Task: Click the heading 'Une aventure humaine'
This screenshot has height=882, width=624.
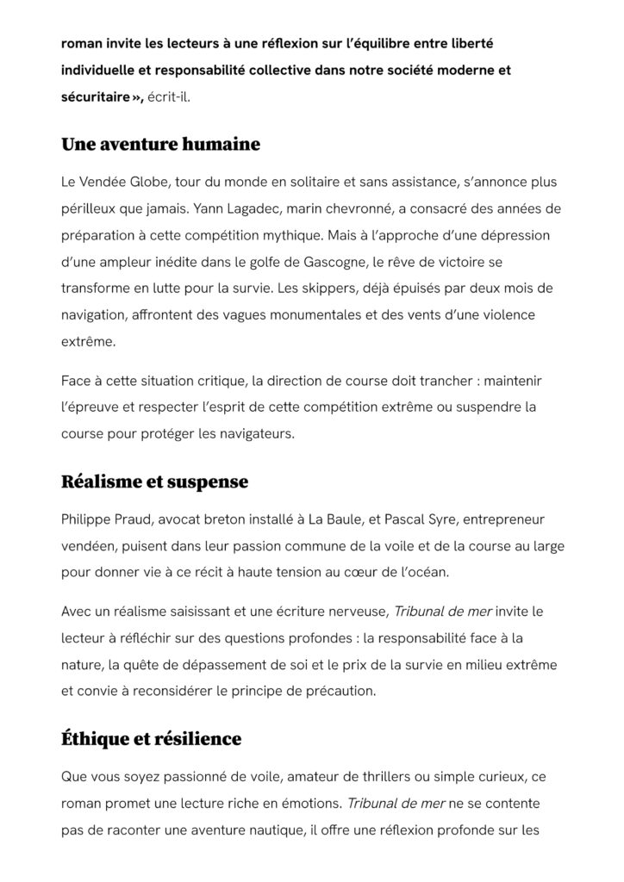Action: (x=160, y=145)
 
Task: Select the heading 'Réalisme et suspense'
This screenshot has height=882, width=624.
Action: (x=154, y=481)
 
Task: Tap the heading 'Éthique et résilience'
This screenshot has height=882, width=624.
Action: (x=151, y=739)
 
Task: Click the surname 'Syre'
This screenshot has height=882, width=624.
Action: (x=458, y=520)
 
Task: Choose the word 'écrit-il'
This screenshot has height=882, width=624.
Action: (x=169, y=97)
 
